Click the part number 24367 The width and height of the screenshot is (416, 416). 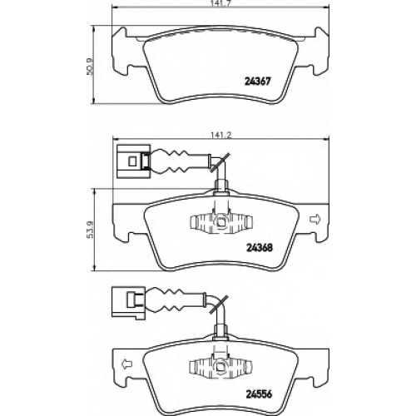point(257,82)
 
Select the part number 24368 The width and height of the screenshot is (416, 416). point(260,247)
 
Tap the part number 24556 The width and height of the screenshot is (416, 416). point(260,394)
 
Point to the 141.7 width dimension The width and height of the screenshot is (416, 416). point(220,2)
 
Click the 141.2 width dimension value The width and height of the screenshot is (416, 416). point(221,135)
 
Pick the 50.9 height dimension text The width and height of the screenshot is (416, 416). point(89,66)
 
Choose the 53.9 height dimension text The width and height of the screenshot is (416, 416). point(89,230)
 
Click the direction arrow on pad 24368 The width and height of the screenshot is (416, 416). point(314,220)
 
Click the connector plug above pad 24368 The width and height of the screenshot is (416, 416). point(134,161)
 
